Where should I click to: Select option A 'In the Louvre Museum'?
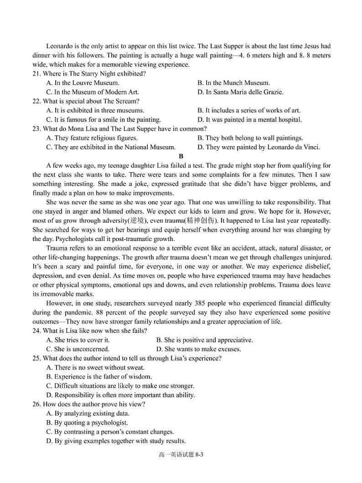point(83,83)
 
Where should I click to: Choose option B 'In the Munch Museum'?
point(233,83)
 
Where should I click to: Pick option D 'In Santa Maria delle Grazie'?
point(240,92)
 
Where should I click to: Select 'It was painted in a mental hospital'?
point(249,120)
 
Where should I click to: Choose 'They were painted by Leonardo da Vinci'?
point(259,147)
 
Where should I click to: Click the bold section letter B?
point(181,156)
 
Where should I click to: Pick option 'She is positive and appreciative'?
point(204,340)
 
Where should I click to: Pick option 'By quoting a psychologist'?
point(87,423)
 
